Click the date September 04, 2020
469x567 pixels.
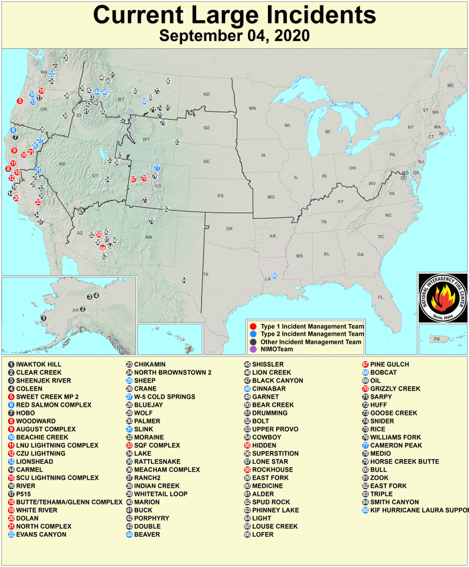tap(234, 36)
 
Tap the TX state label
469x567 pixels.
tap(206, 274)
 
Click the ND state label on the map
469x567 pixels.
tap(206, 94)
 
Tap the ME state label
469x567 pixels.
tap(450, 86)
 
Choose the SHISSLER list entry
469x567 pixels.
tap(268, 364)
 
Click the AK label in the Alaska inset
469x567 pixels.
tap(76, 309)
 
